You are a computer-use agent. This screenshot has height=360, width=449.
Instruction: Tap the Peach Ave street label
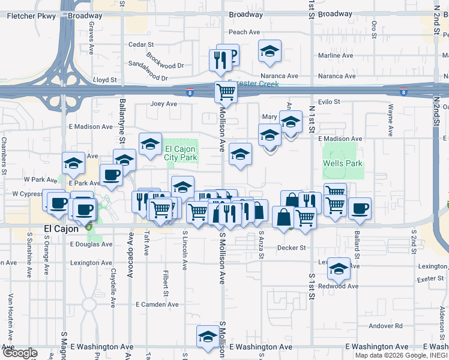click(x=244, y=32)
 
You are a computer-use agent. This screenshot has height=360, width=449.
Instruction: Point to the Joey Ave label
click(x=163, y=104)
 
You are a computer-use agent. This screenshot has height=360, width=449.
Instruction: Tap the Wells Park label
click(x=342, y=163)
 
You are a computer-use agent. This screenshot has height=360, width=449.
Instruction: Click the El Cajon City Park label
click(x=181, y=153)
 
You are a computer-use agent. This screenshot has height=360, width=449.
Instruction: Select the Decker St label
click(x=291, y=247)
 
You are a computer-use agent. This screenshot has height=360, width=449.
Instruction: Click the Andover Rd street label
click(x=385, y=326)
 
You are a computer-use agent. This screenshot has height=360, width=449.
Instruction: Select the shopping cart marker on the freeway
click(x=225, y=92)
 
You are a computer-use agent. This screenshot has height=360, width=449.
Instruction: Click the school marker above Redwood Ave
click(x=339, y=269)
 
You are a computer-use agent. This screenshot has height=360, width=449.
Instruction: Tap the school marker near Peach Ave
click(x=270, y=51)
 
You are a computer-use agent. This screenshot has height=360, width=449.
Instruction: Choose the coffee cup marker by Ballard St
click(x=360, y=208)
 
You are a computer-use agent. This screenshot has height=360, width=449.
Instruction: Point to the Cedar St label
click(x=141, y=44)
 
